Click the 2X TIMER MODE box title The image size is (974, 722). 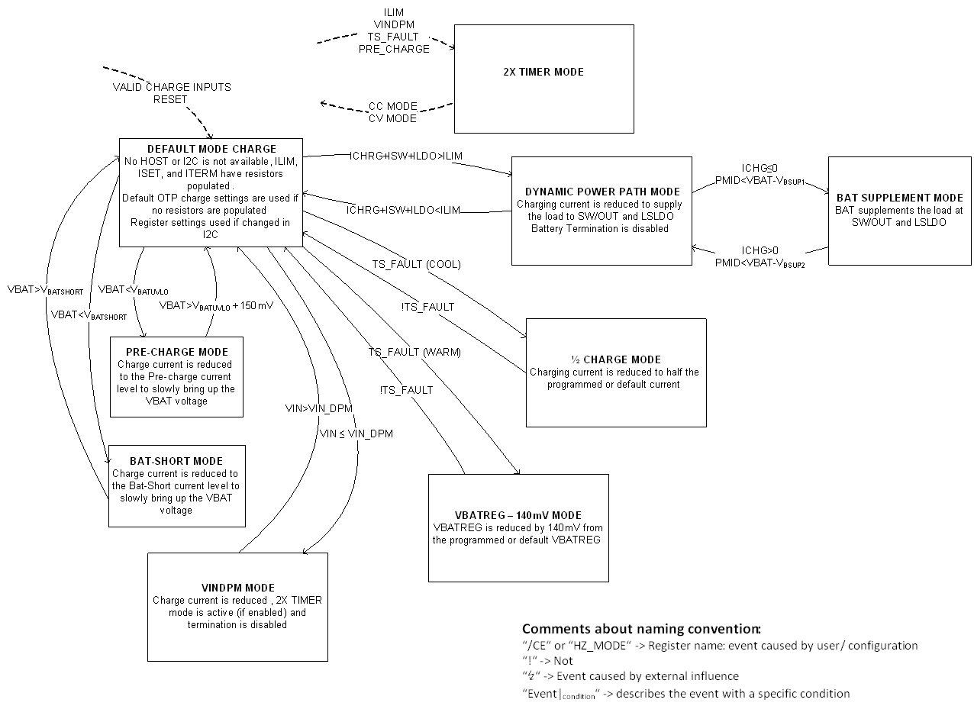click(x=543, y=72)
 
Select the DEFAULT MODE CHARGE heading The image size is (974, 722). click(x=211, y=149)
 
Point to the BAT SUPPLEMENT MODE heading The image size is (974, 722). click(x=900, y=198)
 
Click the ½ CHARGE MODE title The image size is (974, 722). click(x=615, y=359)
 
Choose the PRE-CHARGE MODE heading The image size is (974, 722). click(x=176, y=352)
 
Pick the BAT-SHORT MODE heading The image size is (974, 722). click(x=176, y=461)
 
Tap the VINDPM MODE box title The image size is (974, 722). click(x=237, y=588)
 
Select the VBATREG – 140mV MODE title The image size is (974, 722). click(x=518, y=515)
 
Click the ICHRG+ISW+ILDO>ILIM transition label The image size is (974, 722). click(x=406, y=156)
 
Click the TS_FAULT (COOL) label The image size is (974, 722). click(x=416, y=264)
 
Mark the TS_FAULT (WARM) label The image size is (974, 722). click(x=414, y=352)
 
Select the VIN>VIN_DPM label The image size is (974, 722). click(x=318, y=408)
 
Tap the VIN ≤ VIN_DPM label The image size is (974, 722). click(x=356, y=434)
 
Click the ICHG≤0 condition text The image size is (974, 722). click(x=760, y=168)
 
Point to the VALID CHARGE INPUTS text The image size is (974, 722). click(x=171, y=87)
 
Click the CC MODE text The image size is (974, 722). click(x=392, y=106)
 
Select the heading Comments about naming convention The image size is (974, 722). click(x=641, y=629)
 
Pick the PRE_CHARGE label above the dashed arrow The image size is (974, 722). click(x=394, y=49)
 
